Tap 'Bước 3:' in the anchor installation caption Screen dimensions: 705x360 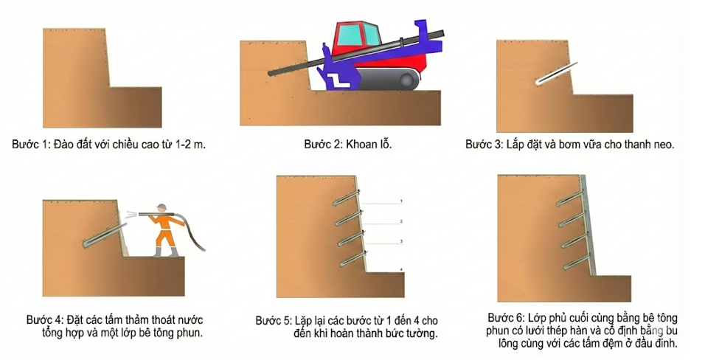(482, 145)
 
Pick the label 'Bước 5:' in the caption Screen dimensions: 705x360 (272, 322)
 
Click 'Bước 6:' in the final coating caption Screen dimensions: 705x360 (504, 317)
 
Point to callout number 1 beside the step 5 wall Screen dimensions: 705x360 (401, 201)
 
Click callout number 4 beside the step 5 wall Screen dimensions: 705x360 (401, 269)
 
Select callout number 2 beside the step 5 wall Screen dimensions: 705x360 (401, 221)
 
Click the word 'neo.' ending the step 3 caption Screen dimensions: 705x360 (664, 145)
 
